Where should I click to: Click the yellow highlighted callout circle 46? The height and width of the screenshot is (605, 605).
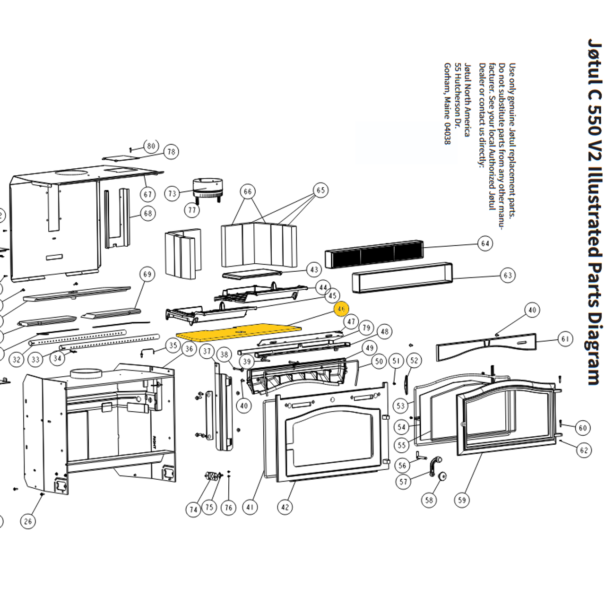tap(341, 309)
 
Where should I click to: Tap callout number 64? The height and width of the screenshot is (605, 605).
tap(485, 243)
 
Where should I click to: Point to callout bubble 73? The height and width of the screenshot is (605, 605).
tap(172, 193)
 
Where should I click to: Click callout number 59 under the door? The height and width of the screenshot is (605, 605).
tap(462, 500)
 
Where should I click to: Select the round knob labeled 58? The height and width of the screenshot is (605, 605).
tap(443, 476)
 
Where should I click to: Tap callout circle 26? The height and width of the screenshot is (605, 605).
tap(28, 521)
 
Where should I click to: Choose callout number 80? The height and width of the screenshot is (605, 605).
tap(151, 146)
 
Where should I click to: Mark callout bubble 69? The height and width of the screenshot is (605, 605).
tap(147, 274)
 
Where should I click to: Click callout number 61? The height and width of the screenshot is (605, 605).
tap(565, 339)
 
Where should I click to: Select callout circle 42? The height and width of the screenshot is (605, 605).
tap(285, 507)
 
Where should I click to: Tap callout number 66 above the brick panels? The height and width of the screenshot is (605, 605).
tap(248, 191)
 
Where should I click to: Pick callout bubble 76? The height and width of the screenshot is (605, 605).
tap(229, 508)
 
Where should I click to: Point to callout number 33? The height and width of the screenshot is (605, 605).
tap(35, 359)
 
